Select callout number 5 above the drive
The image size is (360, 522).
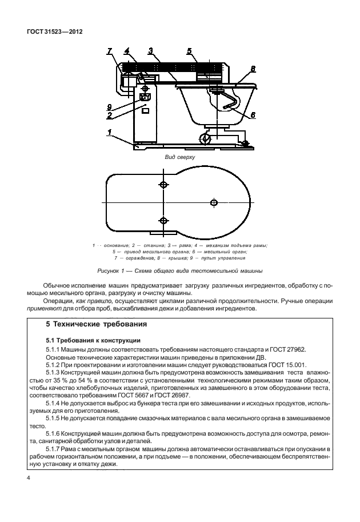[189, 51]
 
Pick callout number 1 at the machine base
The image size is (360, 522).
[109, 132]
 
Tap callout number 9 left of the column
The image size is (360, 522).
[110, 106]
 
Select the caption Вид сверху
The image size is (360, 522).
[180, 157]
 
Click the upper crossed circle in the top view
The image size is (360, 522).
[164, 184]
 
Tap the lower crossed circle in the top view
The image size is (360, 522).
[163, 221]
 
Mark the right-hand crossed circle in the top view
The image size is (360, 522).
[214, 202]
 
